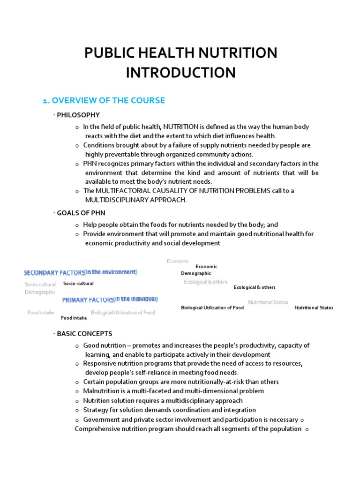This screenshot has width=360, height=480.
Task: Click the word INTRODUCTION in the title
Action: pos(180,73)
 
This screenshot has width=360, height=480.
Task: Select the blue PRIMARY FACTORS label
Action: pos(88,300)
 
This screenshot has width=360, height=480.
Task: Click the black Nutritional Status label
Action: pos(314,308)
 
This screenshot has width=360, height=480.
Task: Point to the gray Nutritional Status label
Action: pos(268,302)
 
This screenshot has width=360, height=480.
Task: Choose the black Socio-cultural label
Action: pos(78,284)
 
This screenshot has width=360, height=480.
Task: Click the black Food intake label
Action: pos(74,318)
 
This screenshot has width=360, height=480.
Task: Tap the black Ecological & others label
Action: pos(255,287)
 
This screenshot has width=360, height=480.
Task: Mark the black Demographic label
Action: pos(196,273)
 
